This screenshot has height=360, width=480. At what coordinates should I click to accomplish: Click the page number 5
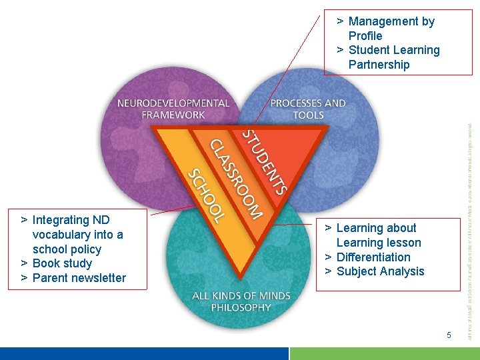[449, 335]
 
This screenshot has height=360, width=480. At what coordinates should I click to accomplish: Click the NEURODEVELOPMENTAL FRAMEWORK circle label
[173, 109]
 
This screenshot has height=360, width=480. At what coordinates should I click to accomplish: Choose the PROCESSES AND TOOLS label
[308, 109]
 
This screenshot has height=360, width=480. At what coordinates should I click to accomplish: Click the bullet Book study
[62, 263]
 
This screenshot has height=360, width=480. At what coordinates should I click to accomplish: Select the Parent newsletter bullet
[79, 278]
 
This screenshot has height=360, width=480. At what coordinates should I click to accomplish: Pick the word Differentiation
[373, 257]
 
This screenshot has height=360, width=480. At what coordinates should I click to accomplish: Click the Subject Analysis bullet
[380, 271]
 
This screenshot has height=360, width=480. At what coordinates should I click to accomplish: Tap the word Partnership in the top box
[379, 65]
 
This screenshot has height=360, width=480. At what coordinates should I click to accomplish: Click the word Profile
[365, 36]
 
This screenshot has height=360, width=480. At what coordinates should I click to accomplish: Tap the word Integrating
[61, 220]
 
